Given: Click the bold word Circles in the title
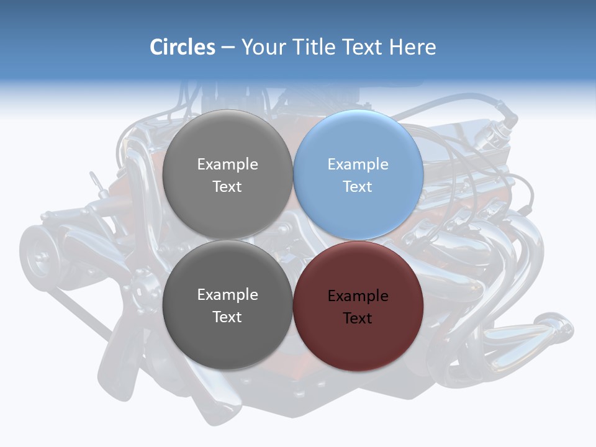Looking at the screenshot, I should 183,47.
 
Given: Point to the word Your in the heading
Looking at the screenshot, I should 263,47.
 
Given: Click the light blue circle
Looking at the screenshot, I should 358,175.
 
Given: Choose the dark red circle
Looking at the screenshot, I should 358,306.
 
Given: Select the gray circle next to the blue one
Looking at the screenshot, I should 227,175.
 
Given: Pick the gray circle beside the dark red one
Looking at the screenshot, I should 227,306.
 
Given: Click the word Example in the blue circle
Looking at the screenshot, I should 358,165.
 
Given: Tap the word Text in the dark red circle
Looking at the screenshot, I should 358,318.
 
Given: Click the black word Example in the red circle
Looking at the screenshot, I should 358,296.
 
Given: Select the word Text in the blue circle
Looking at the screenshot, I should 358,187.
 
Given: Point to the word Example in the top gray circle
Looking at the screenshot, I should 227,165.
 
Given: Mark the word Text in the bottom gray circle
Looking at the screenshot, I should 227,317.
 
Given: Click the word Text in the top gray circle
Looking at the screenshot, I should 227,187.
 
